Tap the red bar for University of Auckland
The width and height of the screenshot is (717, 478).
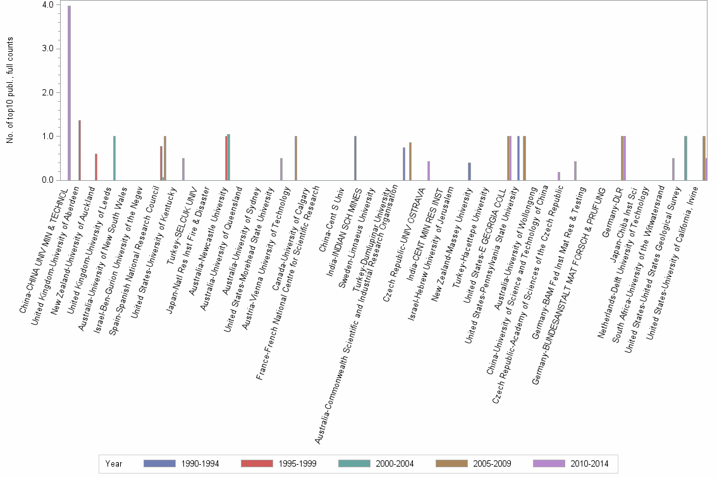96,167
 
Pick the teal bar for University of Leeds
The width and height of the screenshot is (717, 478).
114,158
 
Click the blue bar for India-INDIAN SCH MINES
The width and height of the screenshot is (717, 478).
355,158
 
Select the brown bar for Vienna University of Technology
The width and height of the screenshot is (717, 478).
296,158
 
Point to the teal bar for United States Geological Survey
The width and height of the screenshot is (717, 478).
685,158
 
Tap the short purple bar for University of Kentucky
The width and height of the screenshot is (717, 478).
183,169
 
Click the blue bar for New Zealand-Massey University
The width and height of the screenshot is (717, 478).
469,171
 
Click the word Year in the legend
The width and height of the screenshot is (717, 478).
114,464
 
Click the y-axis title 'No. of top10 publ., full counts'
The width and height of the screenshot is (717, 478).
10,90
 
